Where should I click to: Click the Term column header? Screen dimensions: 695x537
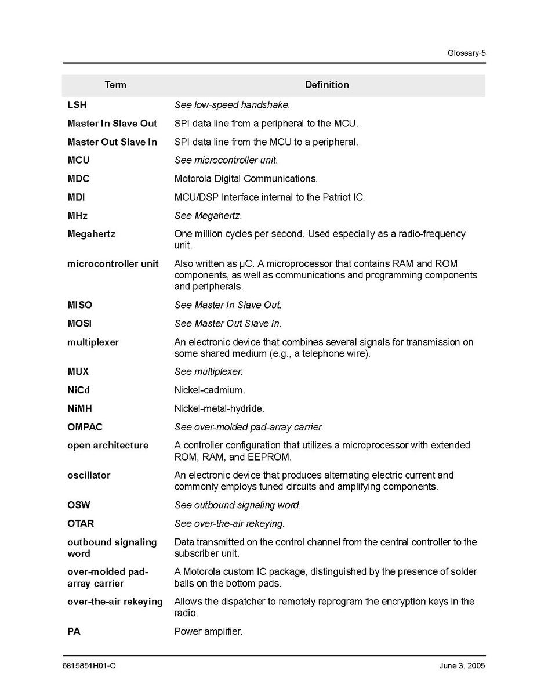(x=115, y=85)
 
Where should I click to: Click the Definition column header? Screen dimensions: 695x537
(x=326, y=85)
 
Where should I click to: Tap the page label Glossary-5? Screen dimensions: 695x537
(x=466, y=53)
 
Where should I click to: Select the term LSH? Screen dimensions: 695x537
(x=77, y=105)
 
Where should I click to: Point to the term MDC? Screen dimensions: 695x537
(x=78, y=179)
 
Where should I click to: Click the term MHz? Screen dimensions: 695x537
(x=78, y=216)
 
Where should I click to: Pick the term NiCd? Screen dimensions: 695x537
(x=78, y=390)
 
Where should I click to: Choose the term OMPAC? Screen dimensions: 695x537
(x=85, y=427)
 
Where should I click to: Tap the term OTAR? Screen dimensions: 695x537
(x=81, y=524)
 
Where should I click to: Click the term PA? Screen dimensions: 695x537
(x=74, y=631)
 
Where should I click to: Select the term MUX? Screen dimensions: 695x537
(x=78, y=371)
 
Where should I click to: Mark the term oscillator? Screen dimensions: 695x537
(x=89, y=475)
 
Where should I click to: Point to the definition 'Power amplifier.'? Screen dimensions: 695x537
(x=208, y=631)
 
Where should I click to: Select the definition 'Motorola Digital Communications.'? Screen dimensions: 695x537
(x=246, y=179)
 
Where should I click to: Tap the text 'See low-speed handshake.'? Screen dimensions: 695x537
(x=232, y=105)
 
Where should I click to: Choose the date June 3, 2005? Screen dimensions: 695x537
(x=462, y=666)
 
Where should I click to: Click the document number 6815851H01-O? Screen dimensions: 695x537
(x=89, y=666)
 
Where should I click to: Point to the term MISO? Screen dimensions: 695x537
(x=79, y=305)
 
